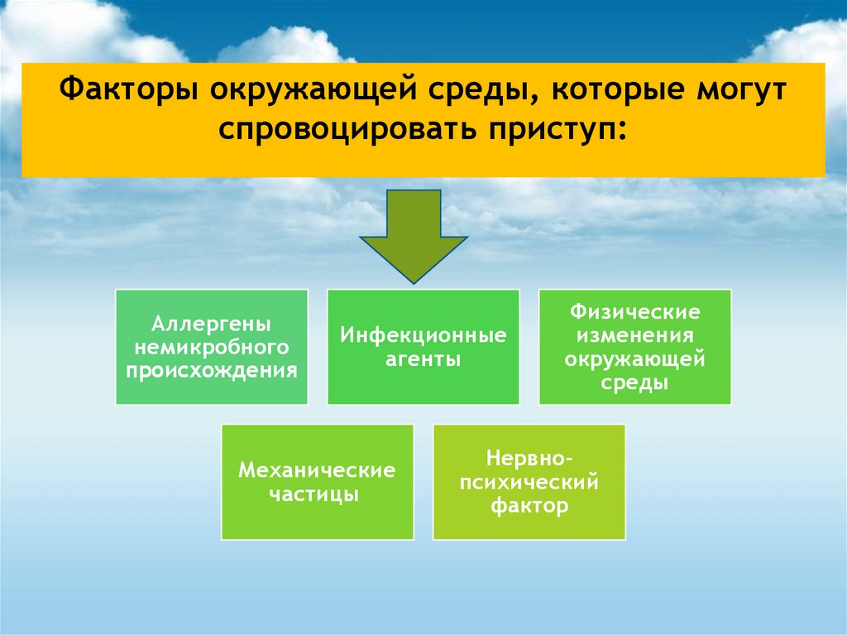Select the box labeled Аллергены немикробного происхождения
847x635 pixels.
(212, 346)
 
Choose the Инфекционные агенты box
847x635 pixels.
(423, 346)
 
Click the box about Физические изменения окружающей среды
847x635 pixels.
(634, 346)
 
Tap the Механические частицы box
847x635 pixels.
(317, 482)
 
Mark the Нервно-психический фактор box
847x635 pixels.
(529, 482)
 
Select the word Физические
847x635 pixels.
(634, 313)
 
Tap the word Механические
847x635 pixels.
(317, 471)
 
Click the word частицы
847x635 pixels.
(317, 495)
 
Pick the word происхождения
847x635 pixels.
(212, 369)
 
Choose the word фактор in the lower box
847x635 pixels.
(529, 506)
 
